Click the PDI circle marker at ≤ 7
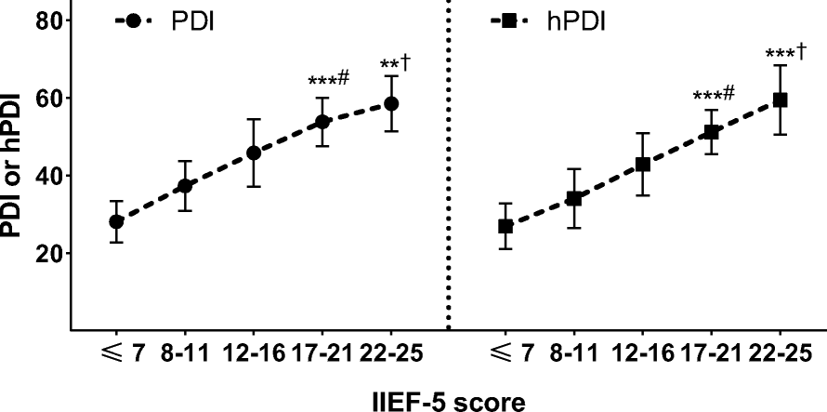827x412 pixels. (116, 221)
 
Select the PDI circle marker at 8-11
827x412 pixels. (185, 186)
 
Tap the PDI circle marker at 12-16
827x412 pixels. (254, 153)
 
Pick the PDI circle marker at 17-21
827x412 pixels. (322, 121)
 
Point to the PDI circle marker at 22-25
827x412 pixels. (391, 103)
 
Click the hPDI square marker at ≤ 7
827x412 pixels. (505, 226)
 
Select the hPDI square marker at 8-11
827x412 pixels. (574, 198)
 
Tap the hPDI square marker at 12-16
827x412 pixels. (643, 165)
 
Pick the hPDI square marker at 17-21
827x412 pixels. (712, 132)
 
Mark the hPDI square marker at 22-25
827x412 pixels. (781, 100)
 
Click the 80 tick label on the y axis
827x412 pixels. (47, 20)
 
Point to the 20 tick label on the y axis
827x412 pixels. (47, 253)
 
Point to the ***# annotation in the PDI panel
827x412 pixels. (327, 80)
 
